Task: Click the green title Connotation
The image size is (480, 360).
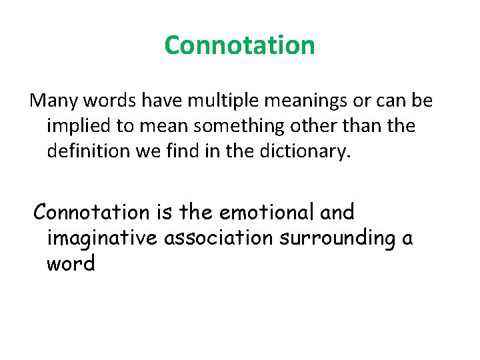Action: tap(239, 45)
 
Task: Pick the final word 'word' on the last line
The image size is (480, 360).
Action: tap(71, 263)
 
